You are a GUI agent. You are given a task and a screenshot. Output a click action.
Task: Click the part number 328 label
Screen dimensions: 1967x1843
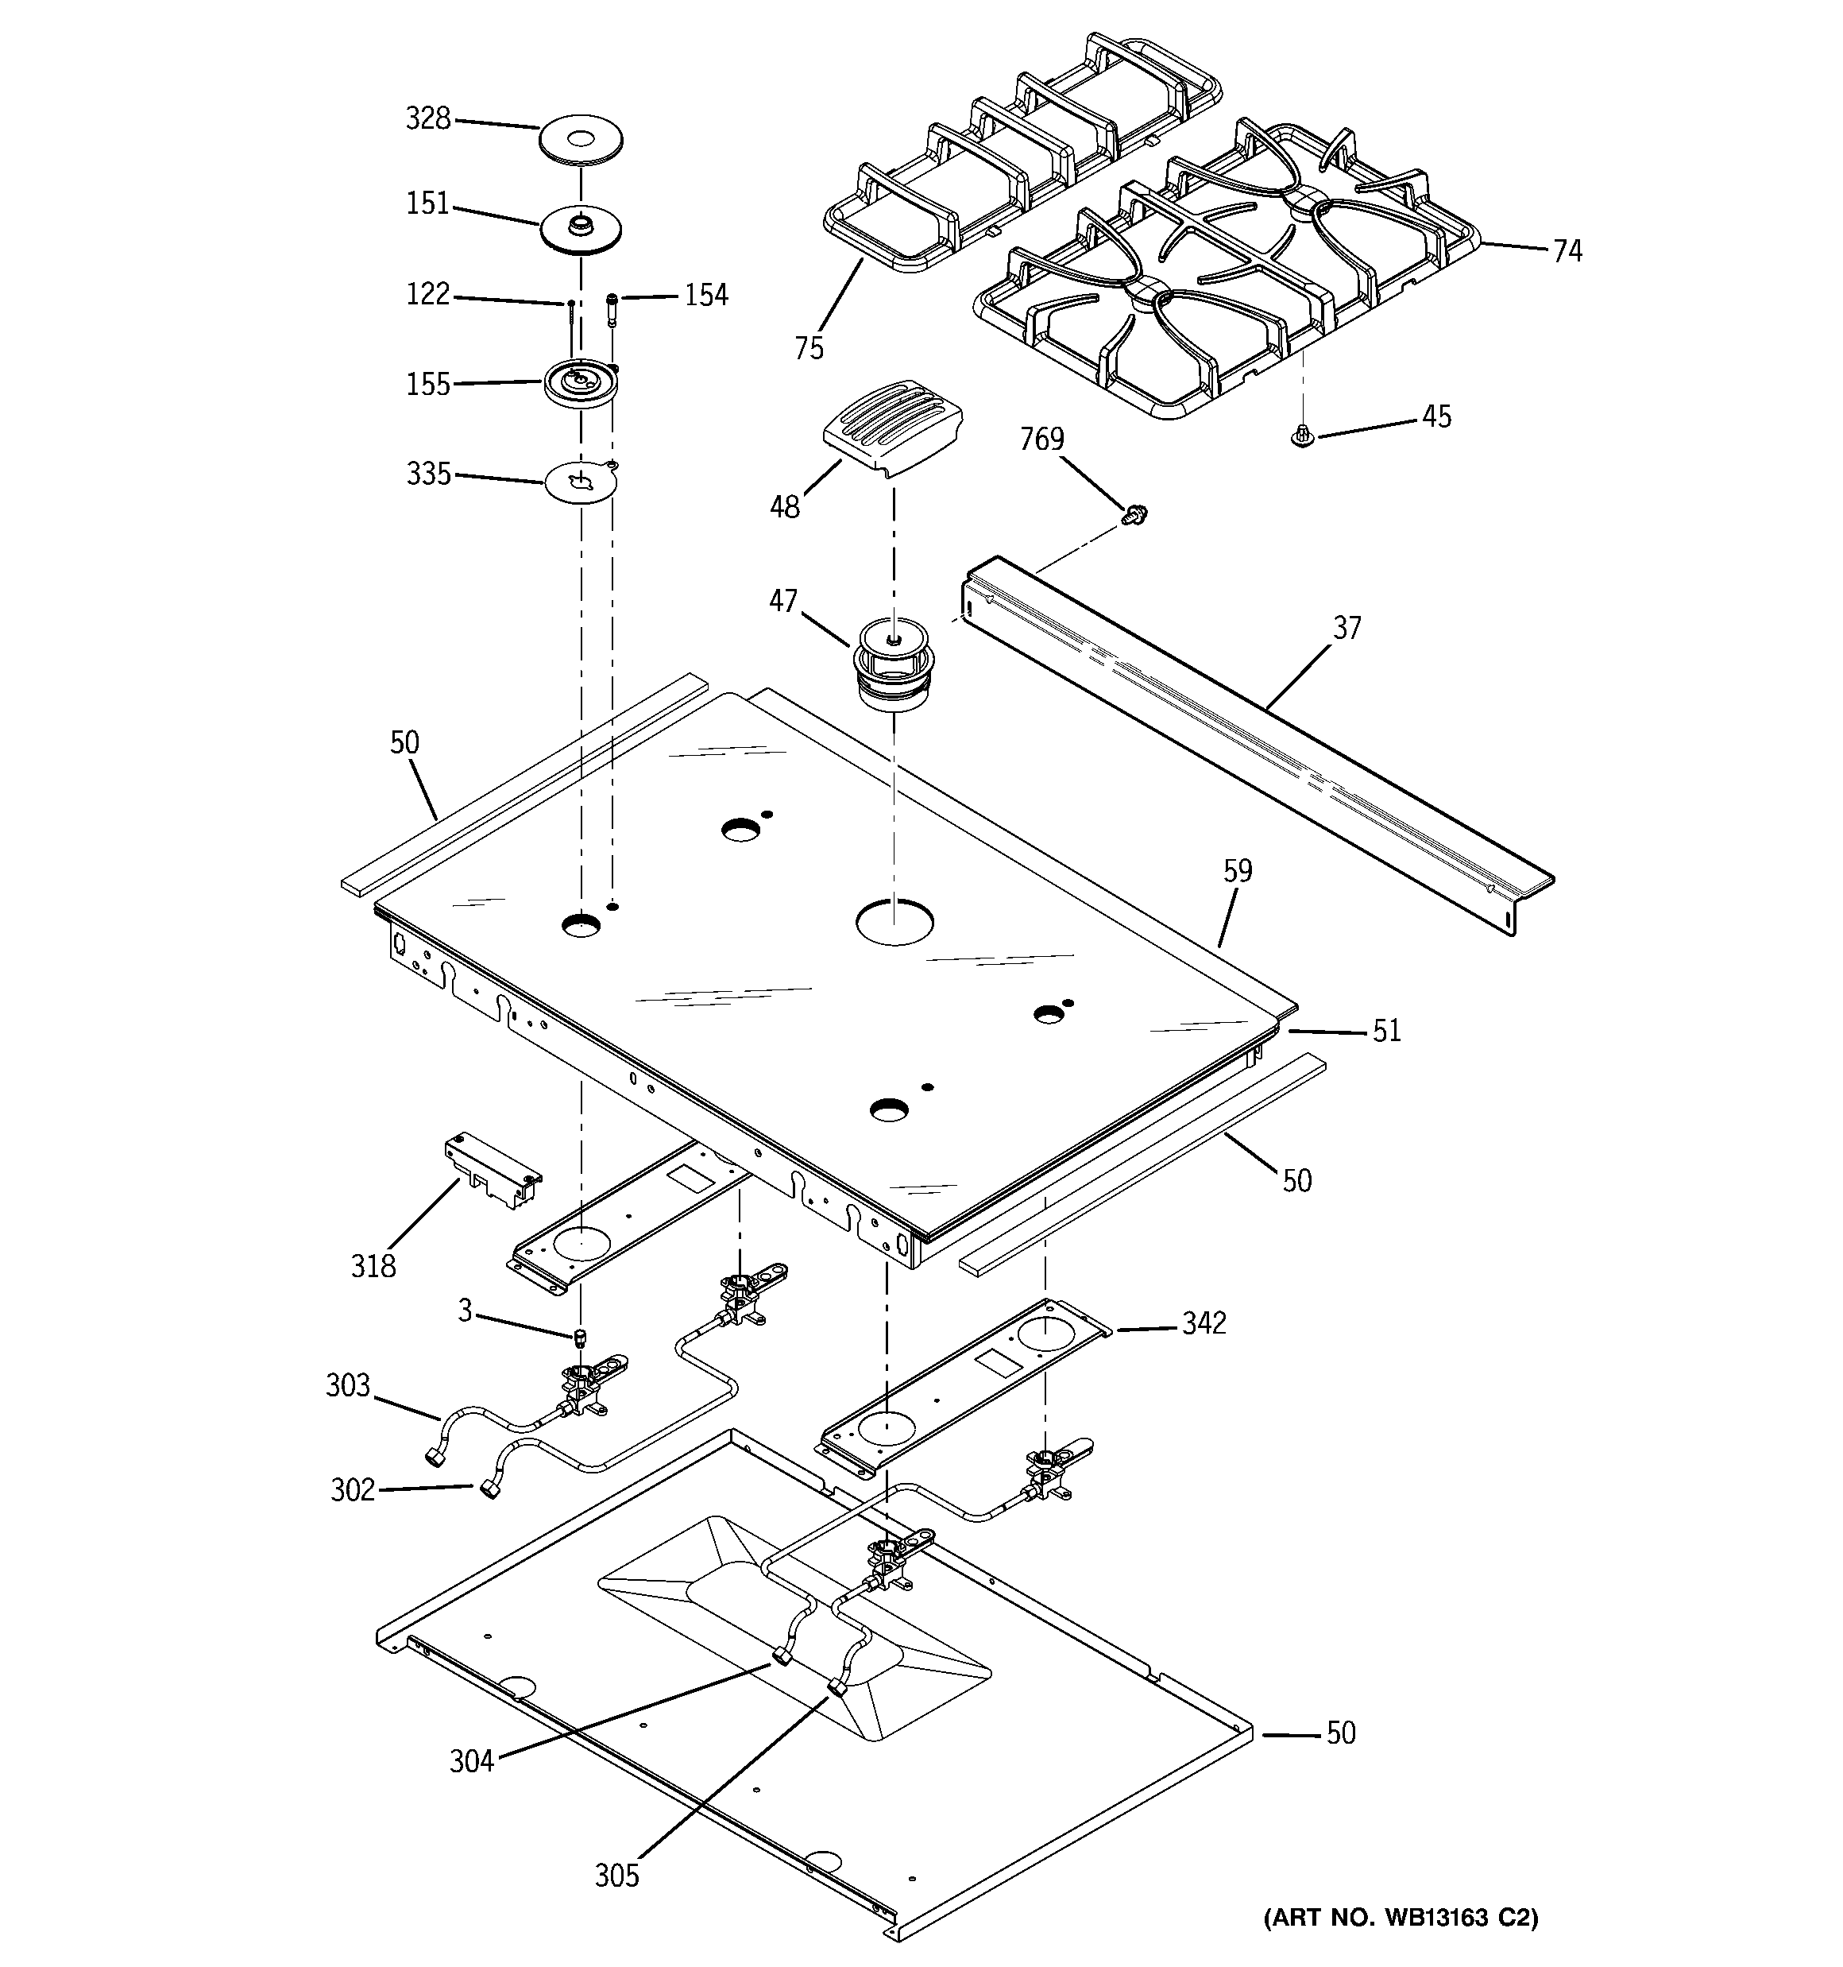click(x=427, y=118)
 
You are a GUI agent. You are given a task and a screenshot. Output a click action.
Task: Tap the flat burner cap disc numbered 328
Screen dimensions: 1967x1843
click(x=581, y=141)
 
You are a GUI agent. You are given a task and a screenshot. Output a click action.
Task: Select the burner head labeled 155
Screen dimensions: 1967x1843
click(x=581, y=381)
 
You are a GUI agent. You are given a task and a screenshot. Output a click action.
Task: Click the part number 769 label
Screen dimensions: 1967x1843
click(x=1041, y=439)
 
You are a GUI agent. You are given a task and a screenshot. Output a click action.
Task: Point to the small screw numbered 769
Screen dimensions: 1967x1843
click(x=1134, y=513)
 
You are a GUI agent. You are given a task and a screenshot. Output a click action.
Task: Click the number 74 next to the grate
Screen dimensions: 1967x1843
click(x=1566, y=251)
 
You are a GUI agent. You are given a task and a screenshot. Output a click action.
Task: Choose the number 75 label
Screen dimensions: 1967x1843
click(x=808, y=348)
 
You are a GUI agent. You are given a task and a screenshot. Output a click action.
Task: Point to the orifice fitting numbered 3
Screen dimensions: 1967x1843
click(x=581, y=1338)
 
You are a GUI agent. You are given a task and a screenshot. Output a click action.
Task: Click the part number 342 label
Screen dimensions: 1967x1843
click(x=1203, y=1323)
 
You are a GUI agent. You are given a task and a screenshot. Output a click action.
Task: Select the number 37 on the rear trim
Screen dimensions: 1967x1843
click(x=1347, y=627)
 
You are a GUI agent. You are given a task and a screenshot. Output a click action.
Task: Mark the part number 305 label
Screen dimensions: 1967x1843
click(x=616, y=1875)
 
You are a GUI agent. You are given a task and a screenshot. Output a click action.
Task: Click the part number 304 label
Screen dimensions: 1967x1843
click(x=471, y=1761)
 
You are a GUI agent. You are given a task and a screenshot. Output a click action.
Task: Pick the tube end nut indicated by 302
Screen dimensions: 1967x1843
click(x=489, y=1490)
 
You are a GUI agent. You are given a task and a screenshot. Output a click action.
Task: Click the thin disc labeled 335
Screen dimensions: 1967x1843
click(x=581, y=483)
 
